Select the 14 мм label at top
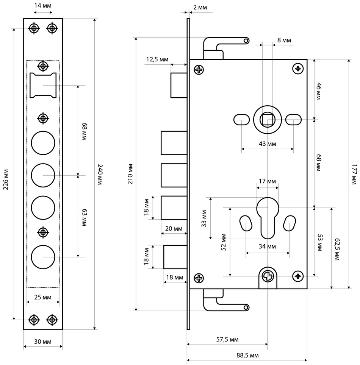43,6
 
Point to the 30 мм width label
42,342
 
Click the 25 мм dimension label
42,298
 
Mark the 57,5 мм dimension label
227,340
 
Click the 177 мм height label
354,174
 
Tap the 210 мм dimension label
130,174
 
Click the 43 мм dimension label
268,144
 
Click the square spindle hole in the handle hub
268,120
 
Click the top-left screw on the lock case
199,70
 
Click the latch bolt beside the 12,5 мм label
178,85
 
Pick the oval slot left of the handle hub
241,120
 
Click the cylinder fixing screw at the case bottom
268,276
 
